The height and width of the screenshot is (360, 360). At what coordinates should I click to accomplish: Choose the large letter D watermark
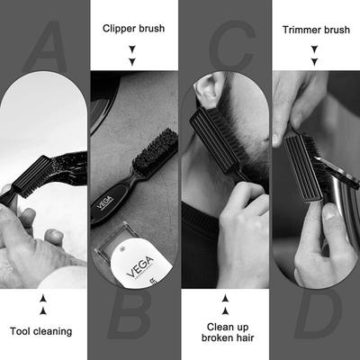315,319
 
